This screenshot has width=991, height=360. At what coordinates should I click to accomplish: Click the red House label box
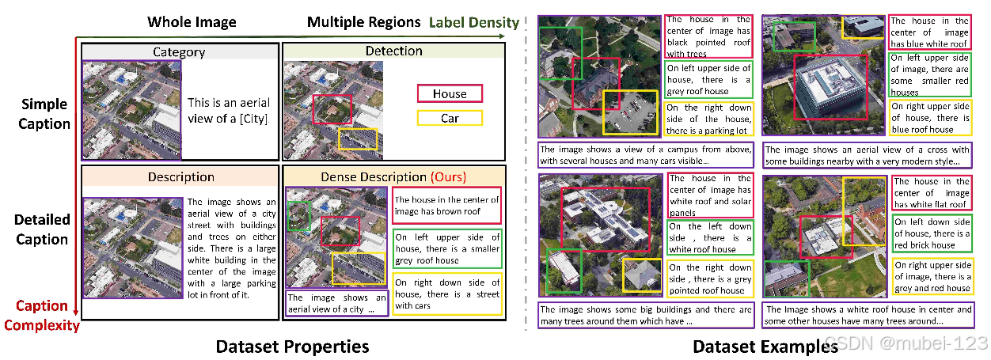pyautogui.click(x=450, y=94)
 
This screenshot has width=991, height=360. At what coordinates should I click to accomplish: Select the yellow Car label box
pyautogui.click(x=450, y=119)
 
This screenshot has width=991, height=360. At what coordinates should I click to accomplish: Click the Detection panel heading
pyautogui.click(x=393, y=51)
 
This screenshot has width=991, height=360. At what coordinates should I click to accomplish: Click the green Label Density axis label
pyautogui.click(x=474, y=23)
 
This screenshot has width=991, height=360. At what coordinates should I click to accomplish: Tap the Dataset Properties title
pyautogui.click(x=294, y=347)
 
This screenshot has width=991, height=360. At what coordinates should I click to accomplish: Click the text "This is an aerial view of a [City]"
pyautogui.click(x=229, y=111)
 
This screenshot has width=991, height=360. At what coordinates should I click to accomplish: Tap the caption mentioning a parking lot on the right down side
pyautogui.click(x=708, y=119)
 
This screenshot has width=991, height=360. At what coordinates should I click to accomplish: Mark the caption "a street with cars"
pyautogui.click(x=447, y=294)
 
